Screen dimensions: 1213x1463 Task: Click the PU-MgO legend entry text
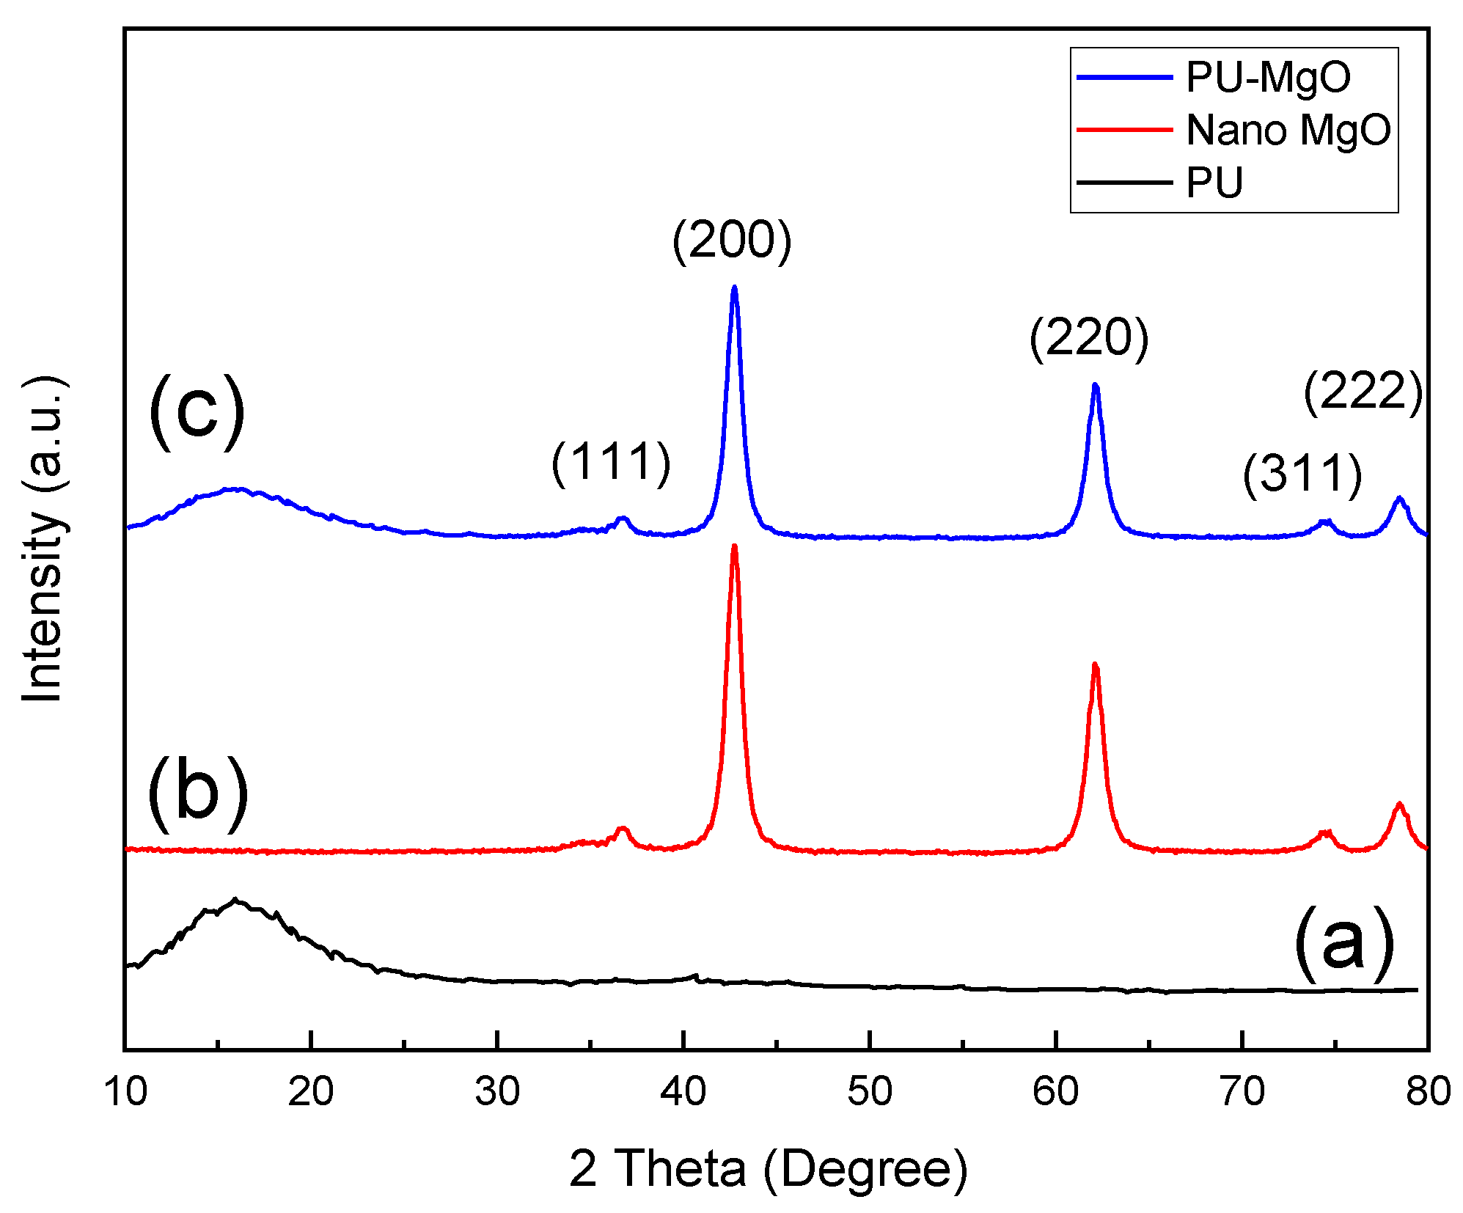[x=1268, y=77]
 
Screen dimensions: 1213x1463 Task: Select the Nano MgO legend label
[x=1288, y=131]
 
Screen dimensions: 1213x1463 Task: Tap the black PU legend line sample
[x=1124, y=182]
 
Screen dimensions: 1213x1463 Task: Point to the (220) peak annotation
[x=1088, y=338]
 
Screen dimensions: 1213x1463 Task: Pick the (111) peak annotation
[x=611, y=463]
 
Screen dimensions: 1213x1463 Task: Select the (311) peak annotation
[x=1302, y=474]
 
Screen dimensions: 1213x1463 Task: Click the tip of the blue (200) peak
[x=734, y=287]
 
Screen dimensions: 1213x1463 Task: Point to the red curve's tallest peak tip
[x=734, y=546]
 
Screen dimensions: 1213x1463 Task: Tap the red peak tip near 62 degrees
[x=1095, y=664]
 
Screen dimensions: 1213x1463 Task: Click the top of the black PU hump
[x=235, y=899]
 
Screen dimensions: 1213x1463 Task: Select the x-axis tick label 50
[x=870, y=1091]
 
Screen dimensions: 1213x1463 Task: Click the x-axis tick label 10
[x=125, y=1091]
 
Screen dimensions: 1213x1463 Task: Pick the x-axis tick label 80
[x=1428, y=1091]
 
